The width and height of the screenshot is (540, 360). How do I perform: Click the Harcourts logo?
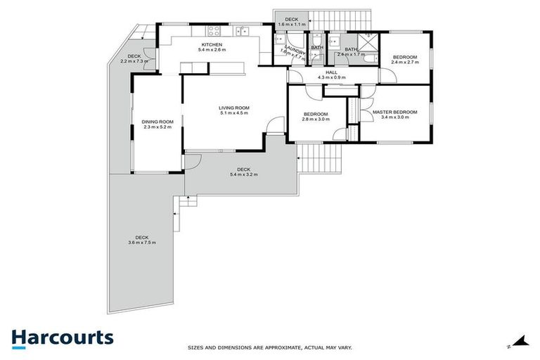(x=62, y=337)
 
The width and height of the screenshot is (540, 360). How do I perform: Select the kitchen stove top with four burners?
(x=213, y=30)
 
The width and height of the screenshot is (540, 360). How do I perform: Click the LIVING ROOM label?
(x=235, y=108)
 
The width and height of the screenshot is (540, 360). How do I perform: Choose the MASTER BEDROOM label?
(x=394, y=112)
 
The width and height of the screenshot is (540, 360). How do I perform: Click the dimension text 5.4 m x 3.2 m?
(x=243, y=174)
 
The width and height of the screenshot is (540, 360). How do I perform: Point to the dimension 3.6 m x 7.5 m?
(x=142, y=243)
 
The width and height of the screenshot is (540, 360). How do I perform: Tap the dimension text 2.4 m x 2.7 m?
(x=405, y=62)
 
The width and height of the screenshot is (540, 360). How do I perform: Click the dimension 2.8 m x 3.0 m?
(x=316, y=120)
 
